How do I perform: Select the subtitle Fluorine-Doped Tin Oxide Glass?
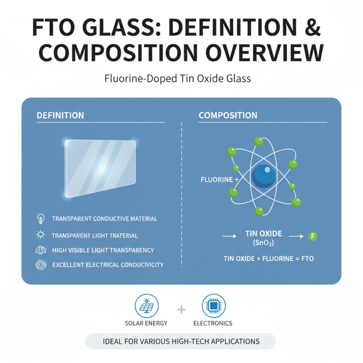[x=181, y=78]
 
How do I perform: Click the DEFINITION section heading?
[x=60, y=116]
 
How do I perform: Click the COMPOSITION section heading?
[x=228, y=116]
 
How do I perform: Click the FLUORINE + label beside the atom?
[x=220, y=180]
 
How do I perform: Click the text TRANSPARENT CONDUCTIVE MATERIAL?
[x=104, y=219]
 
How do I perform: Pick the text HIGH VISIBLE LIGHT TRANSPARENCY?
[x=103, y=250]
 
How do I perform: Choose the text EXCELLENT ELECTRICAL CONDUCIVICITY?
[x=108, y=265]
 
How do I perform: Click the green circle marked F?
[x=312, y=236]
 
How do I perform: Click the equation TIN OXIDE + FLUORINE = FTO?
[x=269, y=259]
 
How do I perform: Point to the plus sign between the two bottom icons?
[x=181, y=310]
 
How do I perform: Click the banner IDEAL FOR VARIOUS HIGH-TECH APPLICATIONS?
[x=181, y=341]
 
